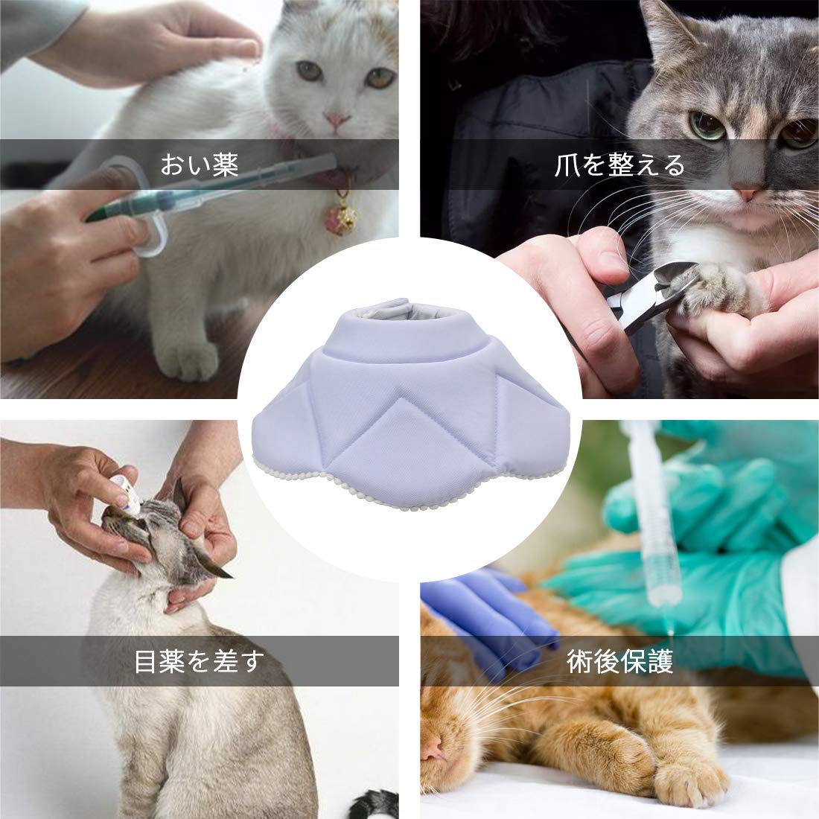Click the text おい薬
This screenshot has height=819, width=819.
[199, 165]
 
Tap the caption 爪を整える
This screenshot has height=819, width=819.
[619, 165]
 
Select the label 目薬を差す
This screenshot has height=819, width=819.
[200, 660]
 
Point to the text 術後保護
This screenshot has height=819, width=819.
[620, 660]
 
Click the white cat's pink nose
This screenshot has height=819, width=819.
[336, 121]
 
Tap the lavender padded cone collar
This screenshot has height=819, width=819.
[409, 402]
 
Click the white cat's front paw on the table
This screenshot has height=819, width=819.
[188, 360]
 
